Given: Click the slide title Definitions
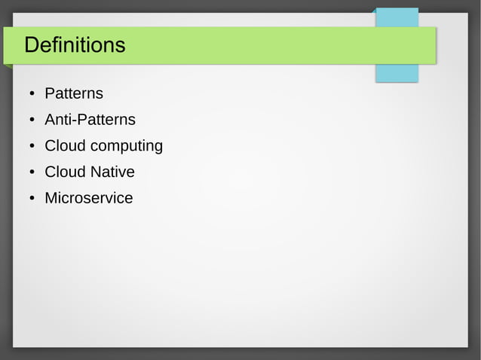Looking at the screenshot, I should click(75, 45).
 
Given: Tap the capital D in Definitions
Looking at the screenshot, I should click(31, 45).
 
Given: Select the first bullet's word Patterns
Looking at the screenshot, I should click(74, 94).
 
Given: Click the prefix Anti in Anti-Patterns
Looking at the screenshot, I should click(57, 120).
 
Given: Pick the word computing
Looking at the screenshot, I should click(126, 146).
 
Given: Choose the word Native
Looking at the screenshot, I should click(112, 172).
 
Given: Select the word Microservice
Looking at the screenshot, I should click(88, 199).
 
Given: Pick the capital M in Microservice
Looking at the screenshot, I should click(51, 199).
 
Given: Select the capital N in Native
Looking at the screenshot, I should click(96, 172).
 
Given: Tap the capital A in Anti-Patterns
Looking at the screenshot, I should click(50, 120).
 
